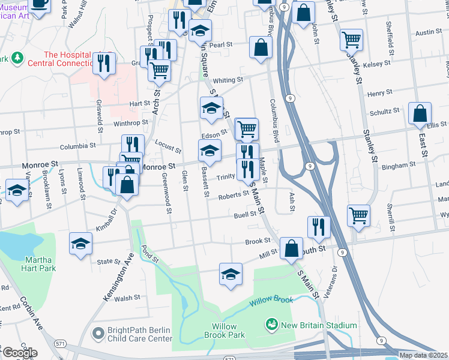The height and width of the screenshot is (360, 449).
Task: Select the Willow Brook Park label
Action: (228, 331)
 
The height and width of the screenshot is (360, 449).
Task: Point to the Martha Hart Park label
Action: (40, 264)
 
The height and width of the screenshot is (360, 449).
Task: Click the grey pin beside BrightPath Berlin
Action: (97, 331)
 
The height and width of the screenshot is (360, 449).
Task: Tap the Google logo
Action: (19, 353)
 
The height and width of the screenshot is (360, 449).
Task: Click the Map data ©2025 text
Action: (423, 355)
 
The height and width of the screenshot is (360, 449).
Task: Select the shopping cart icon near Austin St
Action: (351, 40)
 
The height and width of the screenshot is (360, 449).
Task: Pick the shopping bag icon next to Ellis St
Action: (420, 113)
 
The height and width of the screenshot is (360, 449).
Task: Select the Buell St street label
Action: (246, 215)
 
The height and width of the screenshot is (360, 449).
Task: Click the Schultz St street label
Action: (385, 111)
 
